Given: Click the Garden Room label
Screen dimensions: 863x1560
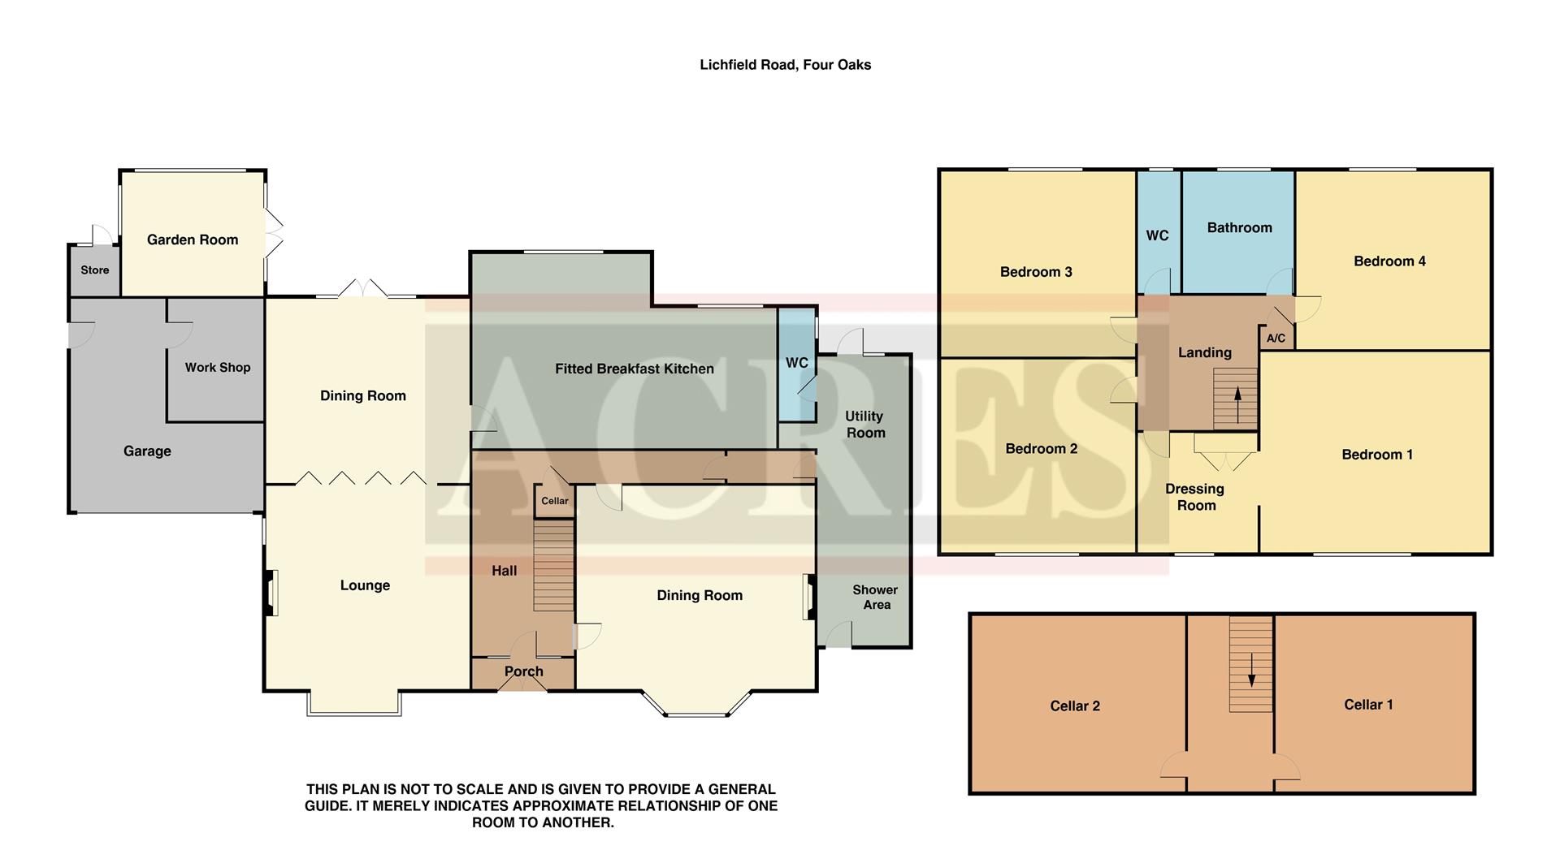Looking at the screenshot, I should point(193,239).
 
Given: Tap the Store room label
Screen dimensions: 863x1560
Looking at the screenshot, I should point(94,270).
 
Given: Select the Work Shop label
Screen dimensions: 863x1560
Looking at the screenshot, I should point(217,367).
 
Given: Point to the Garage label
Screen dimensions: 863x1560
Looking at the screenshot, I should point(147,451).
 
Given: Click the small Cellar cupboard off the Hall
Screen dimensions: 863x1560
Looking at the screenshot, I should point(555,501).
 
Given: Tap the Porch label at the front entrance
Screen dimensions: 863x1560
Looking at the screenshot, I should point(523,671).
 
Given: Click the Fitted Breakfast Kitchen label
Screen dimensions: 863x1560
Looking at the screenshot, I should point(634,369).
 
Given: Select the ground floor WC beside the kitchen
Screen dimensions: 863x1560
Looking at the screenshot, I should point(796,363).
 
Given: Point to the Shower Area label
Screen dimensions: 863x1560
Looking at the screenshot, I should point(875,598).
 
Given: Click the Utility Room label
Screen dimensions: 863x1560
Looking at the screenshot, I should point(864,424).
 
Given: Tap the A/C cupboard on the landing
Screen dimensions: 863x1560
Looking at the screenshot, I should point(1276,338).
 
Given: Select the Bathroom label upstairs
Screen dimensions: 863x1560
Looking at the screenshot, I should point(1239,228).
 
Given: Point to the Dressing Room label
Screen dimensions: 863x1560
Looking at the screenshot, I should point(1195,497).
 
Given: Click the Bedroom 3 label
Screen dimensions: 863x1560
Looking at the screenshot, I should point(1036,272).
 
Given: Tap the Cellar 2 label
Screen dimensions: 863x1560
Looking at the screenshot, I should point(1074,706).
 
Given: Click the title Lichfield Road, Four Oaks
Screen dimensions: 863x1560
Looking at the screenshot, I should point(785,65).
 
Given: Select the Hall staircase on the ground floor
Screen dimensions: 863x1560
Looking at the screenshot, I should point(553,566).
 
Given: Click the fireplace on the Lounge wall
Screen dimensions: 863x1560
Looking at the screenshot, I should point(269,593).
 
